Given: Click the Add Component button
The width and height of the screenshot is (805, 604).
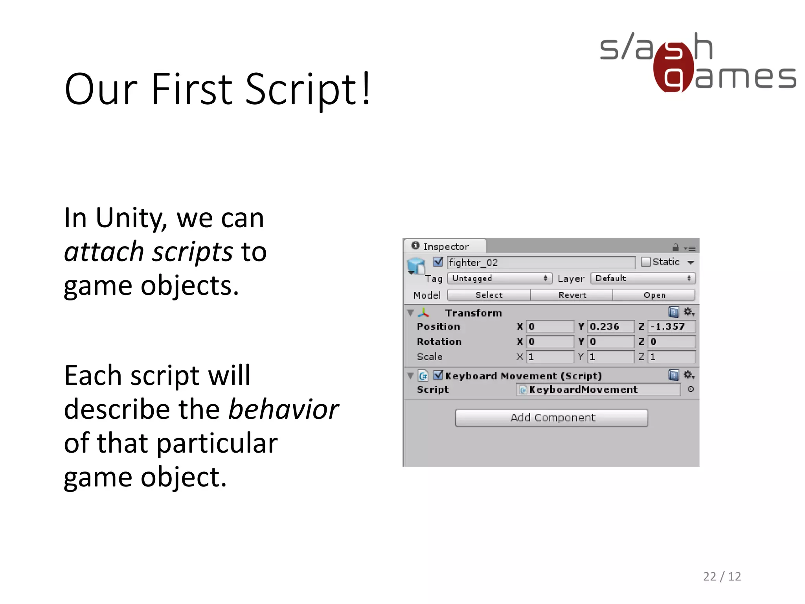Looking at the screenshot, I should pos(551,418).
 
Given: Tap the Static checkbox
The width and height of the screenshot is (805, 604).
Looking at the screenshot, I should pos(645,262).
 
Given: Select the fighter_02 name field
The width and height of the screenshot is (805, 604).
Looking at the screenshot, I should pos(540,263).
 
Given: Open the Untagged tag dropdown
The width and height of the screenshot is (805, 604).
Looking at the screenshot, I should pos(499,278).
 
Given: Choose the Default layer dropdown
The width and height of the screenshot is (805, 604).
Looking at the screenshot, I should pos(643,278).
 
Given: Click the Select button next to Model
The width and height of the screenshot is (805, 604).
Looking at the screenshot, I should pos(489,295).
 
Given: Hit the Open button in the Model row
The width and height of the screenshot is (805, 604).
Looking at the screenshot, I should pos(654,295).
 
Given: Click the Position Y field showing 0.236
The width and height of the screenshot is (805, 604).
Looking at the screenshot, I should pos(610,327).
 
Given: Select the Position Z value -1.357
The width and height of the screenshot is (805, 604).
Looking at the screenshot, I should pos(671,327).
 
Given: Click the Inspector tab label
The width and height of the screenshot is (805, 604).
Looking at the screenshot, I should pos(445,247).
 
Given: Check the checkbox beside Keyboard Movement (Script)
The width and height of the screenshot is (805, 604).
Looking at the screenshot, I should pos(437,375).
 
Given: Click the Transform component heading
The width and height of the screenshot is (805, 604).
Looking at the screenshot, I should pos(473,313).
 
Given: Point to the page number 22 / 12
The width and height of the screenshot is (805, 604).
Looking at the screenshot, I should pos(722,576).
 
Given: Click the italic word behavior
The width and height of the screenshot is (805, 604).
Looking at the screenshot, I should pos(283,409).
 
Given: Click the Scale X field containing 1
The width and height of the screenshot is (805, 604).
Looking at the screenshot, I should pos(550,357).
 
